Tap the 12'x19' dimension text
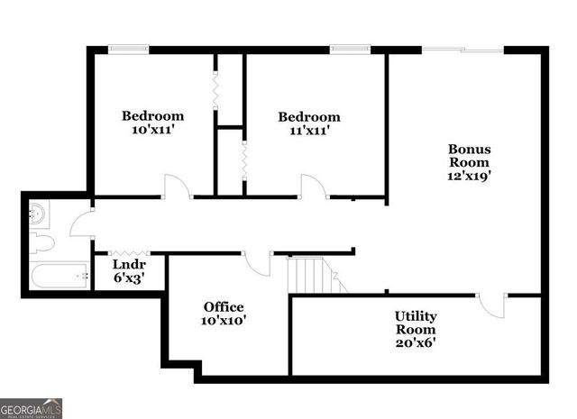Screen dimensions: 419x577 point(469,177)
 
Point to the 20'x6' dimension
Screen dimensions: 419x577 point(416,343)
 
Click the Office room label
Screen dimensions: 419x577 point(224,307)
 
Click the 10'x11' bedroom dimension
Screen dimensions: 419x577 point(153,130)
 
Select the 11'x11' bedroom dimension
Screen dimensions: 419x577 point(308,131)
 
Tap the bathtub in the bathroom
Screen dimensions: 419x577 point(60,274)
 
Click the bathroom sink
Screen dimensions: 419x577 point(37,214)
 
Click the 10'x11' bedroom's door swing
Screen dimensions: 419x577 point(176,187)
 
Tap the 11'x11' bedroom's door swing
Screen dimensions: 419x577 point(313,187)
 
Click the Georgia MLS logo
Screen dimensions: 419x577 point(32,407)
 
